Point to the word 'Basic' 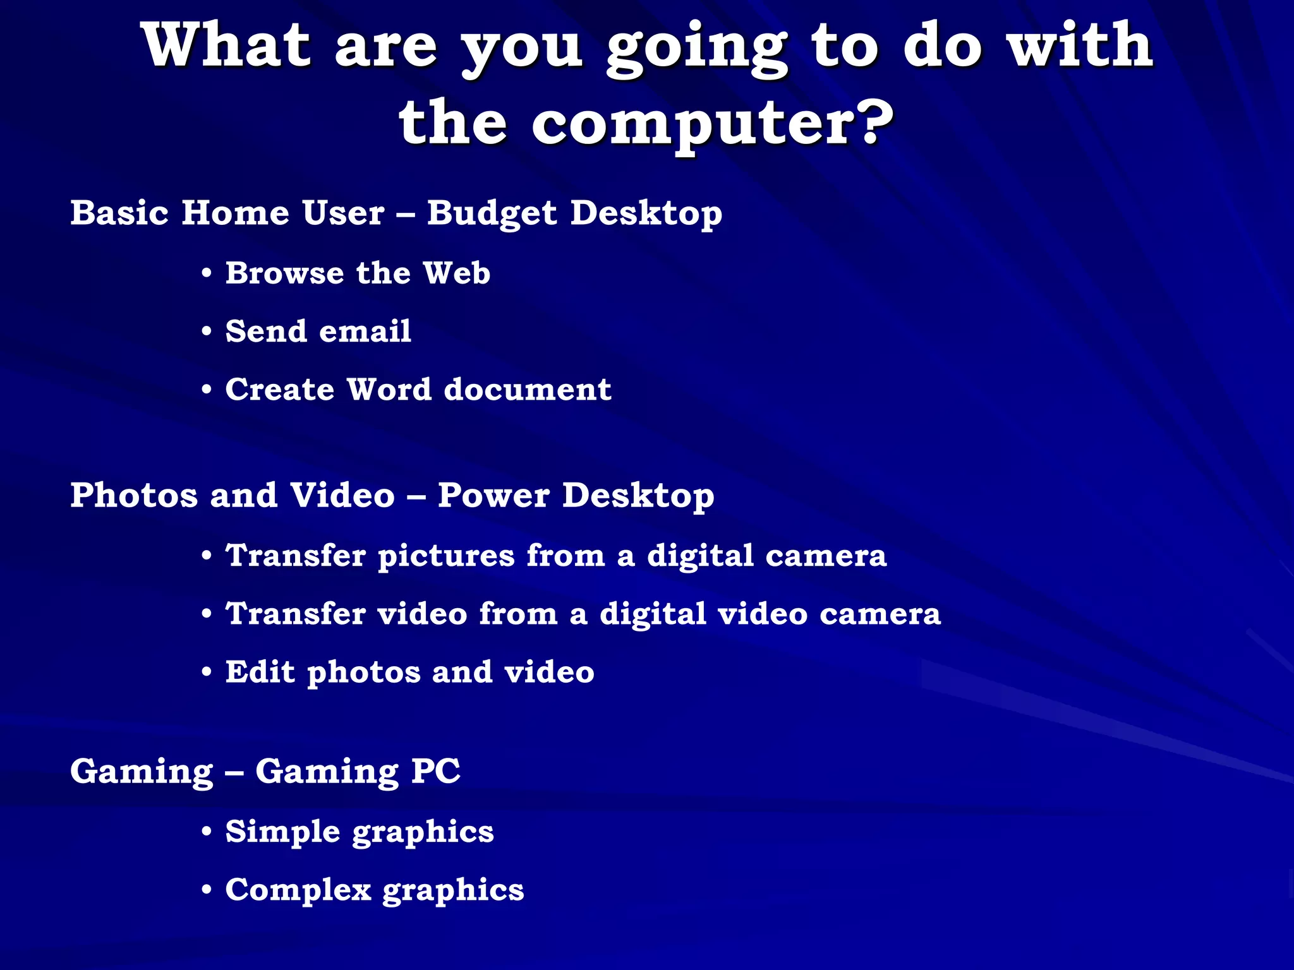[x=119, y=213]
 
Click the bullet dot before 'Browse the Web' [x=207, y=274]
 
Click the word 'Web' [x=456, y=273]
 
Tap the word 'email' [x=366, y=332]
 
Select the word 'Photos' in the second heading [x=134, y=495]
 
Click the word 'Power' [x=494, y=495]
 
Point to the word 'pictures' [x=446, y=557]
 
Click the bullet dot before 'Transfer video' [x=207, y=614]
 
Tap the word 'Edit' [x=260, y=672]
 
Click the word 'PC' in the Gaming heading [x=436, y=771]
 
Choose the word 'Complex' [x=298, y=890]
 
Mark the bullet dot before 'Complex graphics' [x=207, y=890]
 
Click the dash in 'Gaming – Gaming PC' [x=234, y=772]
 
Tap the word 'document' [x=528, y=390]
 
